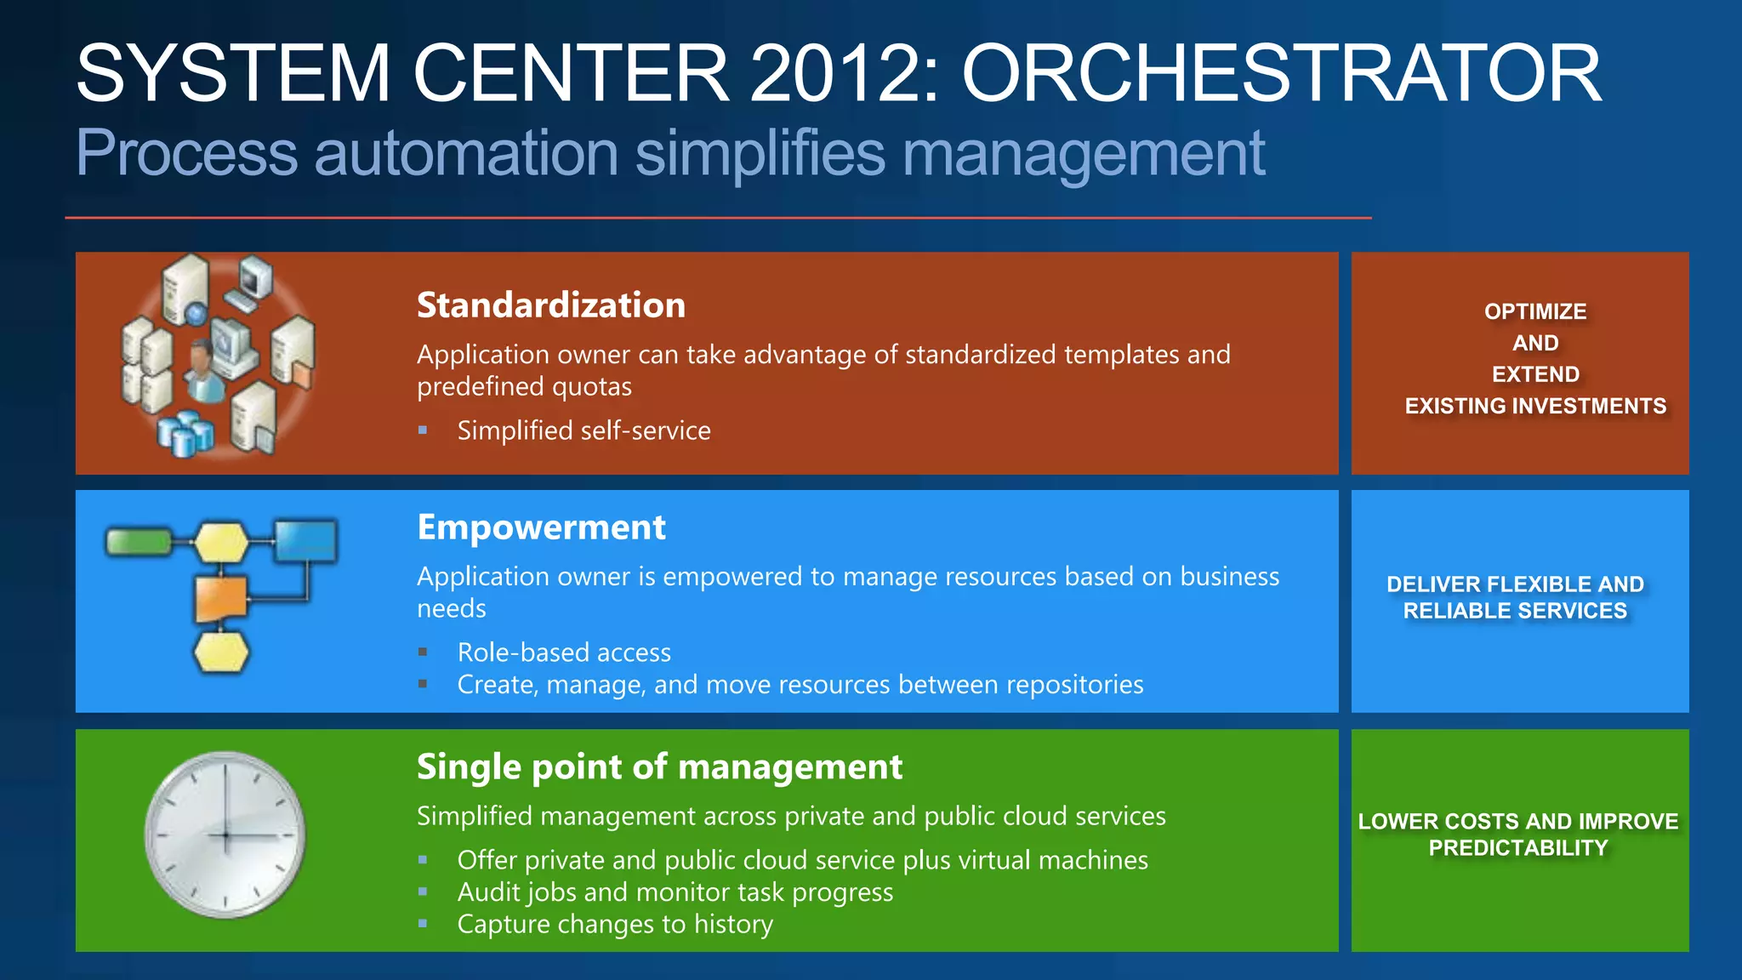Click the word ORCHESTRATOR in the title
(1281, 75)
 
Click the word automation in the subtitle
(466, 154)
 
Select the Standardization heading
(550, 305)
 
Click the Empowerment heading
(541, 527)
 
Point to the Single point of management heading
(659, 766)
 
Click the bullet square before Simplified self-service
(423, 430)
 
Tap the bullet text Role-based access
(564, 652)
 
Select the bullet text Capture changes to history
(615, 924)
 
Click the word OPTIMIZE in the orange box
(1535, 311)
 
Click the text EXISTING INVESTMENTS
(1535, 406)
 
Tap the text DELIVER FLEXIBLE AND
(1515, 584)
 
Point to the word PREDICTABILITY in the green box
(1518, 848)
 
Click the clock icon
(225, 835)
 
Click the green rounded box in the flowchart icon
(139, 542)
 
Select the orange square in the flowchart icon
(221, 598)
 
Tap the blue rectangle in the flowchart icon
(305, 541)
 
